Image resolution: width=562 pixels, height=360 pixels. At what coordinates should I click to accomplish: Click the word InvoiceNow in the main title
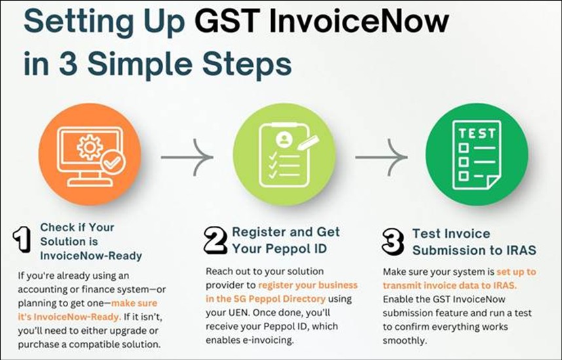[x=359, y=21]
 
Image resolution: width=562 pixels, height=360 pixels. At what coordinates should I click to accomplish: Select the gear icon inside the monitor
[x=90, y=147]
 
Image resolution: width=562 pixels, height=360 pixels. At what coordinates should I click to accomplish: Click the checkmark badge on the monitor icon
[x=113, y=163]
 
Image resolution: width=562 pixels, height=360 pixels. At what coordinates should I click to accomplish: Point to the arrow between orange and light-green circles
[x=187, y=157]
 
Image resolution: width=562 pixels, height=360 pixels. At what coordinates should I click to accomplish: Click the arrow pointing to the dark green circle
[x=381, y=157]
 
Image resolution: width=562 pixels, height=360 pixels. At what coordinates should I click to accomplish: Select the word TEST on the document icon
[x=476, y=134]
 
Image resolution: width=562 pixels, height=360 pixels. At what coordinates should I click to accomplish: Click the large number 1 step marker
[x=22, y=239]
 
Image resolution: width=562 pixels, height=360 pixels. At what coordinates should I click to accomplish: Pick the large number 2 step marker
[x=215, y=240]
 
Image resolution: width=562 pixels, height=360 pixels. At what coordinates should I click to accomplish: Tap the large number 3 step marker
[x=393, y=242]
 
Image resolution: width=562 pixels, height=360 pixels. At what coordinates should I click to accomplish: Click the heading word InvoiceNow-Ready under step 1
[x=91, y=256]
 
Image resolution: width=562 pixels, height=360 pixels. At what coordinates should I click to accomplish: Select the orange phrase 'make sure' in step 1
[x=134, y=303]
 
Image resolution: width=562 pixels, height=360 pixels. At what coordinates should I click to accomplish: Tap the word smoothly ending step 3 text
[x=405, y=340]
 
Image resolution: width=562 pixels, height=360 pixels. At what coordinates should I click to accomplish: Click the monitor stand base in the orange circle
[x=90, y=183]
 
